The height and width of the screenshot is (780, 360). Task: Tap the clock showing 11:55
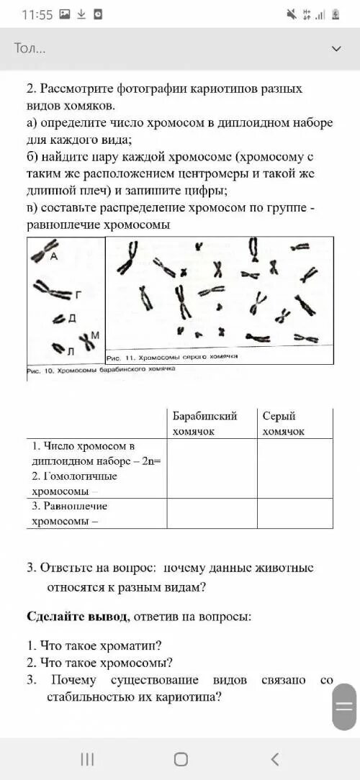pos(37,14)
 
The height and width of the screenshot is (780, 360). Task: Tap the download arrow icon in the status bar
pos(81,14)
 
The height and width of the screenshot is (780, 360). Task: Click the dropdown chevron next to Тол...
pos(336,48)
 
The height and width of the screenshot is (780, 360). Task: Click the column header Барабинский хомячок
pos(204,423)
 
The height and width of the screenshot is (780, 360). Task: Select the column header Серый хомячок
pos(283,423)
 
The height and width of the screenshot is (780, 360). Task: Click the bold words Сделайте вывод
pos(69,617)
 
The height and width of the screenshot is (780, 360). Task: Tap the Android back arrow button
pos(274,758)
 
